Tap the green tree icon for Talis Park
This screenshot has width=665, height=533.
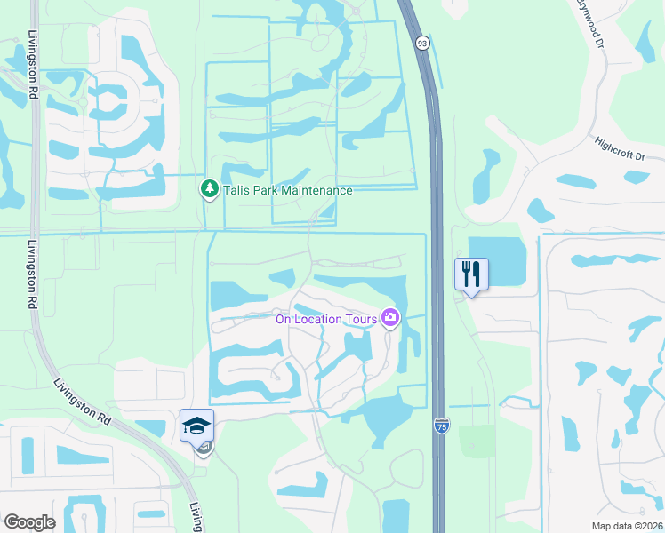(x=209, y=189)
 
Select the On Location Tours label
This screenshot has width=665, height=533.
(x=325, y=320)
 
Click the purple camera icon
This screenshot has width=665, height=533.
(x=389, y=317)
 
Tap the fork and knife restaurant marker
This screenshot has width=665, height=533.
(x=472, y=274)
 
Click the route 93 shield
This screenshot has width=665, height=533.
(x=422, y=42)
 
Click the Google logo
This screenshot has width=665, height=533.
(x=29, y=522)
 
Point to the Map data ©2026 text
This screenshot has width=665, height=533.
(x=626, y=526)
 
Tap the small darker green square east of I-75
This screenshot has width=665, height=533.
(x=477, y=442)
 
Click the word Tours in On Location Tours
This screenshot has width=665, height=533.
(x=358, y=320)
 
